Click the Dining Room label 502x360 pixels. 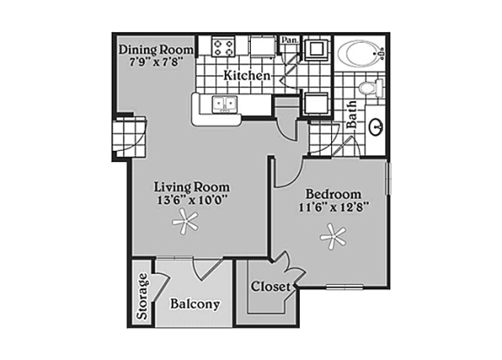156,50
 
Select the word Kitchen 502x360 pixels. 247,76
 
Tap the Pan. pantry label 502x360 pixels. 289,40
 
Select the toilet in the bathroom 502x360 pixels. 370,88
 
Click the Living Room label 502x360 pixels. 192,187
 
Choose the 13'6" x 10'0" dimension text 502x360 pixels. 192,200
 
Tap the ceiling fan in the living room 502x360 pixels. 184,226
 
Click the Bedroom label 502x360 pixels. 332,194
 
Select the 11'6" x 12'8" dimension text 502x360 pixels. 332,207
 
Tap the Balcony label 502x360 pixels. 194,305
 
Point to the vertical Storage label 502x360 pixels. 142,298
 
